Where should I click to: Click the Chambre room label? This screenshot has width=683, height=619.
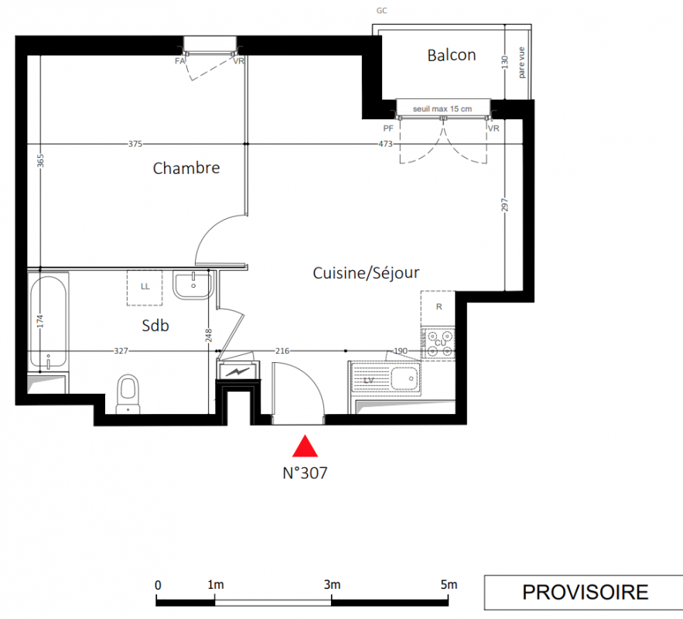(186, 168)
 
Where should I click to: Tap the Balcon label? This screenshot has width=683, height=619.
(452, 55)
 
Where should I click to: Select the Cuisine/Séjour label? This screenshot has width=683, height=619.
(366, 273)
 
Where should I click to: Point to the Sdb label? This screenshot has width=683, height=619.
(155, 326)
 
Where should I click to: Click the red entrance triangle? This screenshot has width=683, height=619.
(305, 446)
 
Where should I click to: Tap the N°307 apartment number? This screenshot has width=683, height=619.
(305, 473)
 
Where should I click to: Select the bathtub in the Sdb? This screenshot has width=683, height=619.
(49, 322)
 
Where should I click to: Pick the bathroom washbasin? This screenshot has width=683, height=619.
(193, 285)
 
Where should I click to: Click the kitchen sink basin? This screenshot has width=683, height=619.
(405, 378)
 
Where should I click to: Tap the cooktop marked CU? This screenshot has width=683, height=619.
(439, 344)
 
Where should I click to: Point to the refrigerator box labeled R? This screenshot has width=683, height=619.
(439, 309)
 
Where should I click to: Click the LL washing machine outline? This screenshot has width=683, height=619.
(145, 288)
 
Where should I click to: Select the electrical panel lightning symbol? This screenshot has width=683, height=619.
(238, 371)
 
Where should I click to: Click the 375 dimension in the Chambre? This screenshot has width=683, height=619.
(135, 144)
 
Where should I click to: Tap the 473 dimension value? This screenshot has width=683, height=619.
(385, 144)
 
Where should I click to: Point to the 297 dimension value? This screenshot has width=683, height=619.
(504, 205)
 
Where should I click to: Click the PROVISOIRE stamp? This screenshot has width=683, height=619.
(586, 593)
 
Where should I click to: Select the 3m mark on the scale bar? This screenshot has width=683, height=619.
(332, 585)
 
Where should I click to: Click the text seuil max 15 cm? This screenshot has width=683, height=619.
(442, 109)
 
